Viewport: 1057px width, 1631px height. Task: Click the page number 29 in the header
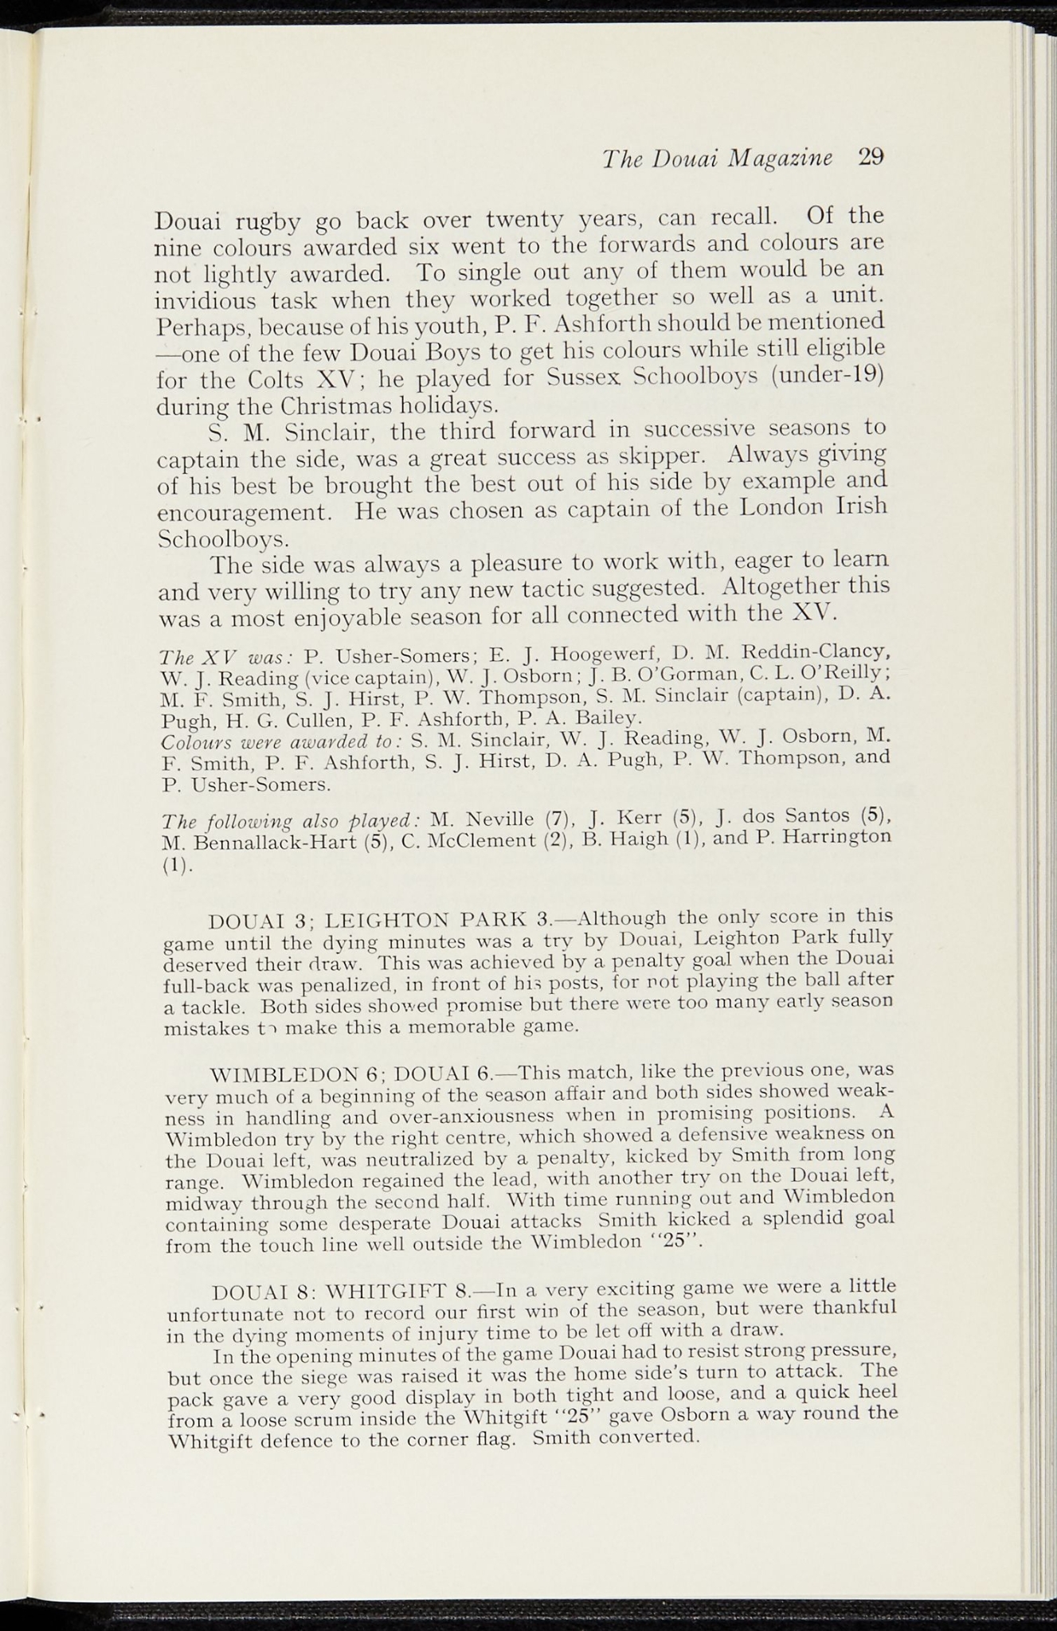pos(871,157)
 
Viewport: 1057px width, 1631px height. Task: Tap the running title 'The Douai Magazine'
pos(717,158)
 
